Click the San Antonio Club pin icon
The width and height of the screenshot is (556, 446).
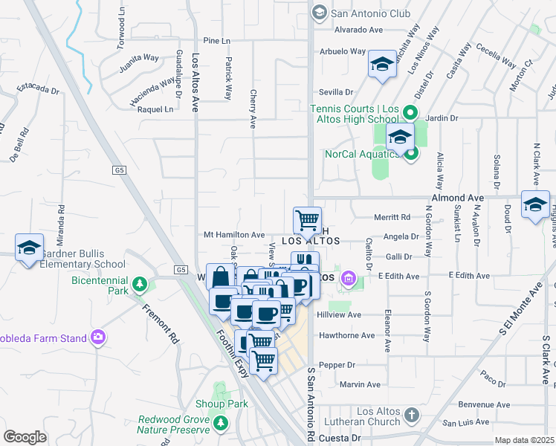point(319,12)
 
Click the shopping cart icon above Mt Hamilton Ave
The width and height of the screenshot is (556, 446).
point(307,219)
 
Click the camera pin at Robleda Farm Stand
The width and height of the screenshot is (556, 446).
point(97,338)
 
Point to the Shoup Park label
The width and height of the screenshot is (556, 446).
point(221,404)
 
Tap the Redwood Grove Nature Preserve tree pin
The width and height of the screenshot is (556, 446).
point(220,424)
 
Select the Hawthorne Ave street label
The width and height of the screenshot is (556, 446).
point(346,335)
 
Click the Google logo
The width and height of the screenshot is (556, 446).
point(25,437)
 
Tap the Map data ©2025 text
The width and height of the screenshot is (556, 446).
point(524,440)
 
